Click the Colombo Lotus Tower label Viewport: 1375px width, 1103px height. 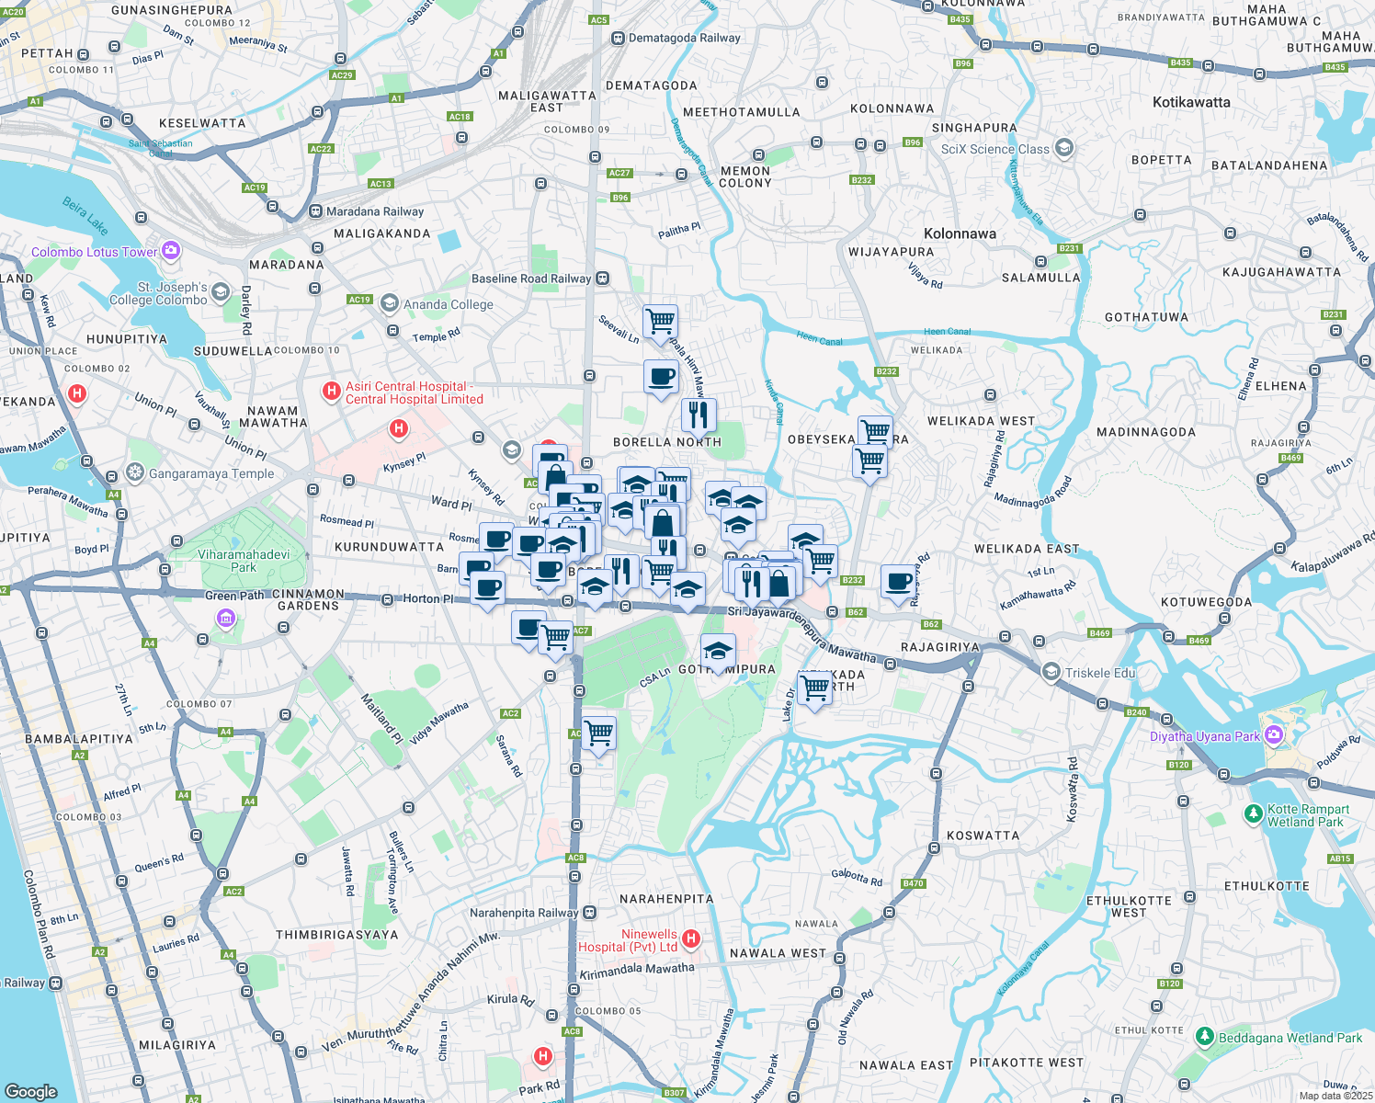point(95,252)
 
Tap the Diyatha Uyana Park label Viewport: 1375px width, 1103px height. point(1205,736)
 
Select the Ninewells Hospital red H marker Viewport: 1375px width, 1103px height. point(691,938)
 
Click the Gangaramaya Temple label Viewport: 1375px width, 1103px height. point(211,474)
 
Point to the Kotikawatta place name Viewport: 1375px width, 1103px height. point(1191,102)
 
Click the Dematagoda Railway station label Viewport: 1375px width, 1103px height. point(684,38)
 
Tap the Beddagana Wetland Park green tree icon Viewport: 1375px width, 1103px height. point(1204,1037)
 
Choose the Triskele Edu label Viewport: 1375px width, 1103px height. point(1100,673)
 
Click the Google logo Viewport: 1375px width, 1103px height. point(31,1091)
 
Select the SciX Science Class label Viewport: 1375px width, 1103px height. point(994,149)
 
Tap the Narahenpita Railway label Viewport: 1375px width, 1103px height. point(524,913)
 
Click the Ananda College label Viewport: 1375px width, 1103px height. point(449,304)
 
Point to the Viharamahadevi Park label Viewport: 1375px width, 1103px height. point(244,561)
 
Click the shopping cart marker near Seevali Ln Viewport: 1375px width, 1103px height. point(660,323)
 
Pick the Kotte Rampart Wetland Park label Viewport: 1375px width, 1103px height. point(1308,815)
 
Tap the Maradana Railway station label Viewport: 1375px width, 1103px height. point(375,211)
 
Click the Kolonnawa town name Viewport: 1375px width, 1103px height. point(960,233)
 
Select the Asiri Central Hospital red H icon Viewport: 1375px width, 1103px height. point(332,392)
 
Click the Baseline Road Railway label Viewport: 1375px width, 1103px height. point(531,279)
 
